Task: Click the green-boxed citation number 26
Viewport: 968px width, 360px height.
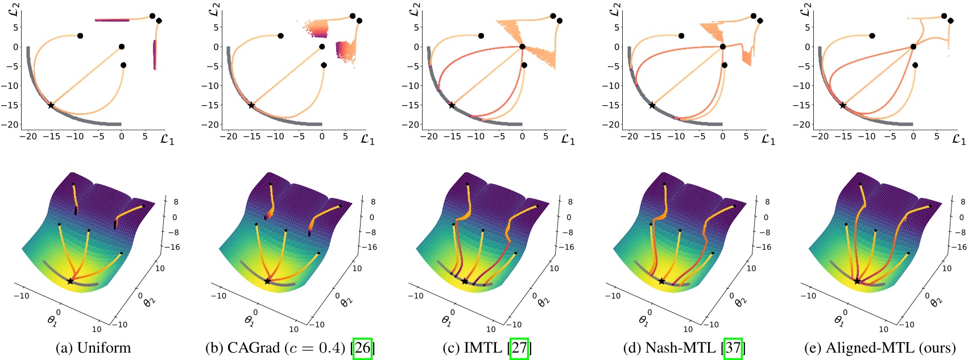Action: [x=363, y=348]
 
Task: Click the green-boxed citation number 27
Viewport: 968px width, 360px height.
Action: [x=519, y=348]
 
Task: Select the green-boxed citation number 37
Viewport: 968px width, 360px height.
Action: [x=733, y=348]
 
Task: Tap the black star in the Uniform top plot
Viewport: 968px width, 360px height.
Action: [x=51, y=105]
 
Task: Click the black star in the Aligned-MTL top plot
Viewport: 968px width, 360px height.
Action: [x=843, y=105]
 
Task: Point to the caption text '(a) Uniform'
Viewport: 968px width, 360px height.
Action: [x=93, y=348]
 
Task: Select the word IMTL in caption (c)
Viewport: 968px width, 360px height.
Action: [x=486, y=348]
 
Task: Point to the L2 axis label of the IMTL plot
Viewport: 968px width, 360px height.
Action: [x=415, y=9]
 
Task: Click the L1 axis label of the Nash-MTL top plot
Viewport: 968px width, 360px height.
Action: [x=768, y=139]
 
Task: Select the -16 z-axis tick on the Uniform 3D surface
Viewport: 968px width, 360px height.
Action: [x=172, y=247]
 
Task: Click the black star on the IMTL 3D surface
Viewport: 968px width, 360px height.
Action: [x=465, y=281]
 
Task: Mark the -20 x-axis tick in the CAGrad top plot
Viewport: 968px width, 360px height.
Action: [x=228, y=136]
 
